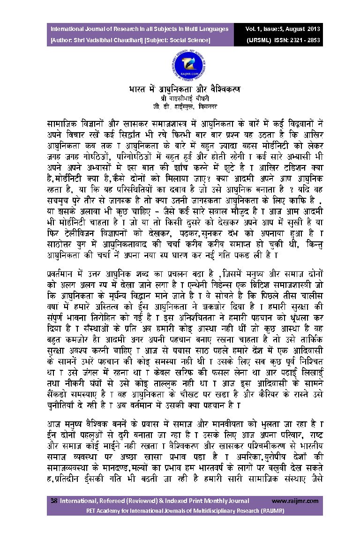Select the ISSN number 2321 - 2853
click(305, 40)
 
